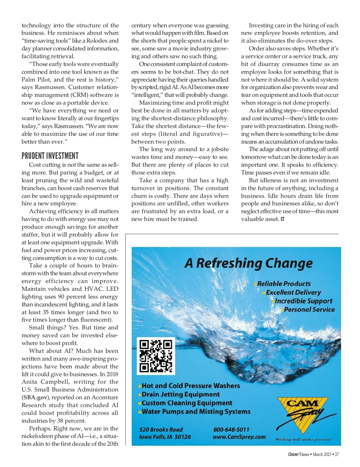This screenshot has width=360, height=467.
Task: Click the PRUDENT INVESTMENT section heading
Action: pyautogui.click(x=50, y=156)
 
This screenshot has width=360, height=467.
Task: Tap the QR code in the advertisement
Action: pyautogui.click(x=156, y=356)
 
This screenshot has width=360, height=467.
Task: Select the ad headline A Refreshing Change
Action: pyautogui.click(x=248, y=263)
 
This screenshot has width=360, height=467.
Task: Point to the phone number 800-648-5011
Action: pyautogui.click(x=231, y=430)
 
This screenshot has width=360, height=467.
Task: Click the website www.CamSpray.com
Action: pyautogui.click(x=239, y=437)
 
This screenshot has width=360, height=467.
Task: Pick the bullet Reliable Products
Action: pyautogui.click(x=284, y=284)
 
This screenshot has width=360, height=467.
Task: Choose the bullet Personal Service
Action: pyautogui.click(x=309, y=310)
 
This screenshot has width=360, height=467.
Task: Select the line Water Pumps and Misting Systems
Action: pyautogui.click(x=196, y=412)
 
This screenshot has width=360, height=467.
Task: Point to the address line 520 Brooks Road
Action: pyautogui.click(x=161, y=430)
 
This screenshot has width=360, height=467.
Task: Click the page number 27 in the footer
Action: pyautogui.click(x=337, y=454)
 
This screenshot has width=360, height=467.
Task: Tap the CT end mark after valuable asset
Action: pyautogui.click(x=282, y=219)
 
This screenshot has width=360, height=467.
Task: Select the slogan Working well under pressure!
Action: pyautogui.click(x=303, y=439)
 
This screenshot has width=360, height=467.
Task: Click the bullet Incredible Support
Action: pyautogui.click(x=304, y=301)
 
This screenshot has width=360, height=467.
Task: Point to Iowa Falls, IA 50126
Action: pyautogui.click(x=165, y=437)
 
